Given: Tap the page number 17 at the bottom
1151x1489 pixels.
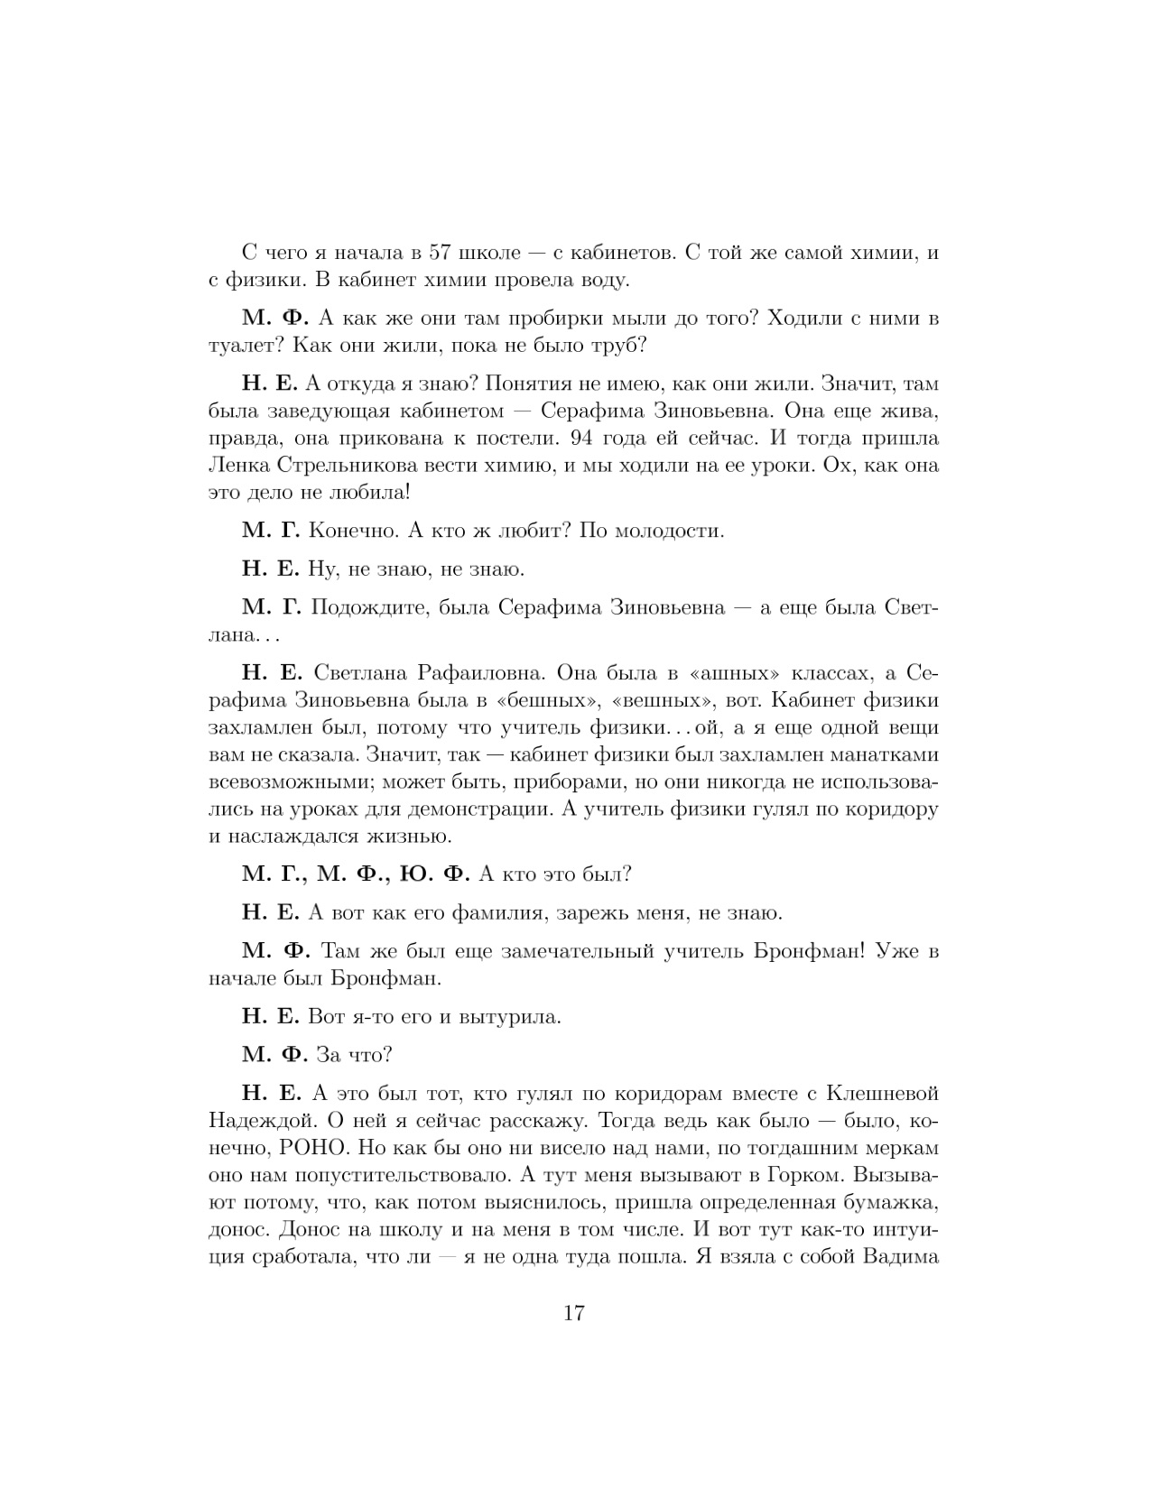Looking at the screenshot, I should point(574,1312).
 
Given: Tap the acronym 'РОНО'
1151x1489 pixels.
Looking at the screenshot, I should point(296,1149).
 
